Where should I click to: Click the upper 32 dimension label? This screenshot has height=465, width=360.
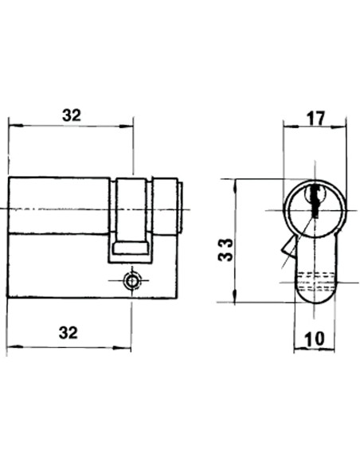pyautogui.click(x=72, y=115)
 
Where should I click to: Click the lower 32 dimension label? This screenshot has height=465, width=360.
pyautogui.click(x=68, y=333)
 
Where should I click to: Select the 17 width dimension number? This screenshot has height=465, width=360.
pyautogui.click(x=315, y=119)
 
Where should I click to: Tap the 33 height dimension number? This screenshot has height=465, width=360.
pyautogui.click(x=225, y=250)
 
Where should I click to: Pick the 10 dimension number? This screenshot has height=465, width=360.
pyautogui.click(x=315, y=338)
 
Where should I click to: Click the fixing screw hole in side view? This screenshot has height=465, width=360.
pyautogui.click(x=131, y=280)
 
